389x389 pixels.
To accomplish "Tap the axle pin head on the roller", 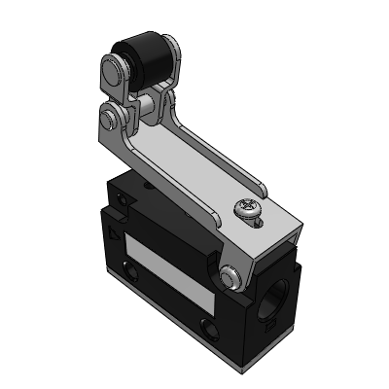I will [x=113, y=70].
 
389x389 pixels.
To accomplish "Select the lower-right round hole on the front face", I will [x=206, y=325].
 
